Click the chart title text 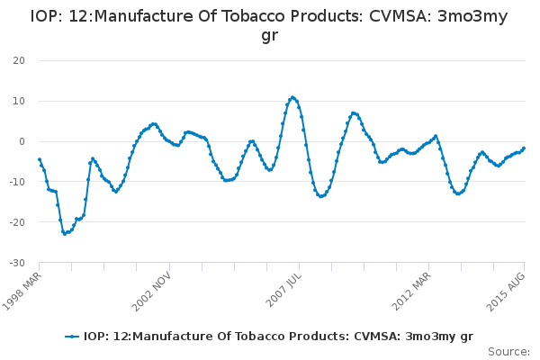pyautogui.click(x=269, y=24)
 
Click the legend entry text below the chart pyautogui.click(x=278, y=337)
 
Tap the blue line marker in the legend pyautogui.click(x=73, y=337)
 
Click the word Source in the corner pyautogui.click(x=508, y=351)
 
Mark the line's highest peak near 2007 pyautogui.click(x=292, y=97)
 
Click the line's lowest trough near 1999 pyautogui.click(x=64, y=234)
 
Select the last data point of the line pyautogui.click(x=524, y=148)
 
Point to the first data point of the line pyautogui.click(x=40, y=159)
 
